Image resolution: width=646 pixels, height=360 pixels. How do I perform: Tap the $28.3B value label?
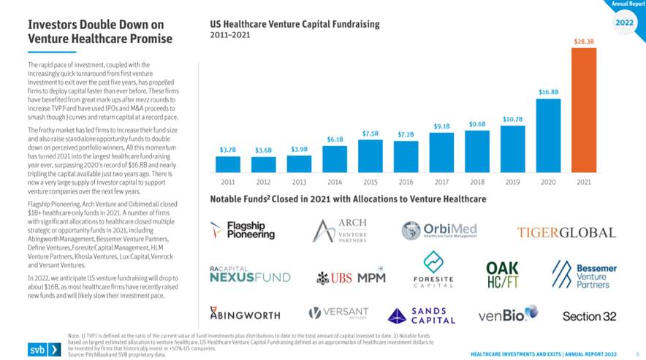(584, 41)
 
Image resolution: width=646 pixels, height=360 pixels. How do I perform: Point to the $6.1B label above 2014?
(335, 139)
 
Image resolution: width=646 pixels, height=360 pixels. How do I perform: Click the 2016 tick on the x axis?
(406, 180)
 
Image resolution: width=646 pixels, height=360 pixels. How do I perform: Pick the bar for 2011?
(228, 162)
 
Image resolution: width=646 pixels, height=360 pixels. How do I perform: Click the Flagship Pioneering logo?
(243, 231)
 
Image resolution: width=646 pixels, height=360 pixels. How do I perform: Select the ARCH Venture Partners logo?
(340, 230)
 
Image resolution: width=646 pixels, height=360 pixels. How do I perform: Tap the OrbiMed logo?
(438, 231)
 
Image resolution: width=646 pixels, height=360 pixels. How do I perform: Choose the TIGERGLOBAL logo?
(566, 232)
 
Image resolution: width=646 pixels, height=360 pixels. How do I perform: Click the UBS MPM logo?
(351, 277)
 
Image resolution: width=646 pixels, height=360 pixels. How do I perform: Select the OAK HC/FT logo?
(503, 274)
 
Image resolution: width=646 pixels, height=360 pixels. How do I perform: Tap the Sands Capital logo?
(422, 315)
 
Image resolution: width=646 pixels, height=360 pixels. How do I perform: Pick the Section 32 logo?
(590, 316)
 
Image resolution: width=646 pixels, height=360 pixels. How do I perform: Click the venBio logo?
(507, 315)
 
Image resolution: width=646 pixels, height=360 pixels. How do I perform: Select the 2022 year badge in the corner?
(625, 23)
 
